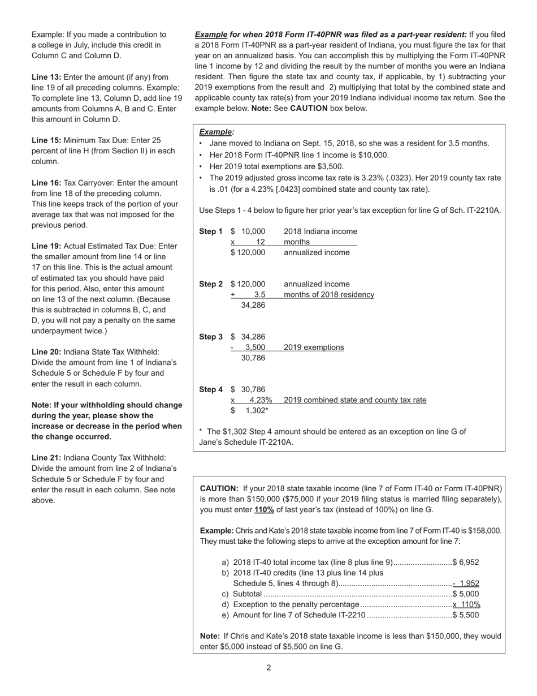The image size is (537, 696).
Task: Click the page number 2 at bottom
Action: tap(268, 668)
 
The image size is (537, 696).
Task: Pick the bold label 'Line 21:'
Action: tap(46, 458)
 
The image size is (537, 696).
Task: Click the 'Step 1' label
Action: tap(211, 231)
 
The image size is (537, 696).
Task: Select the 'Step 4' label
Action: tap(211, 389)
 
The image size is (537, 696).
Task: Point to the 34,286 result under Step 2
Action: tap(253, 306)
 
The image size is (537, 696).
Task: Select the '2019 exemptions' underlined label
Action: tap(314, 347)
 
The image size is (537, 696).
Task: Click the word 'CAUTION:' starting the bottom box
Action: tap(219, 488)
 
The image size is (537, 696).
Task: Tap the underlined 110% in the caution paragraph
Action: tap(264, 510)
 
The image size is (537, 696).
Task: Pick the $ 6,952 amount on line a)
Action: tap(466, 562)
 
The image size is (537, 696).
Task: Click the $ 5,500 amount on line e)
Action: tap(466, 615)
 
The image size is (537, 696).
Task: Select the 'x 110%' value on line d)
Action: tap(466, 604)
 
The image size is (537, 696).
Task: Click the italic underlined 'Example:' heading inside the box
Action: tap(216, 132)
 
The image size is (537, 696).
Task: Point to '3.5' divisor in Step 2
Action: tap(259, 295)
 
